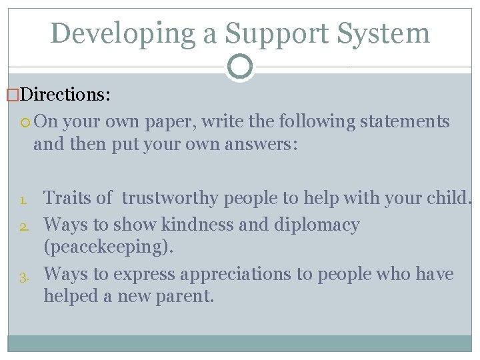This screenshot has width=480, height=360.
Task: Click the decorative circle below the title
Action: pos(240,67)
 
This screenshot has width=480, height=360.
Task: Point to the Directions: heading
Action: pos(65,94)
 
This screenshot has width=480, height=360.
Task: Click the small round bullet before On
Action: pos(26,122)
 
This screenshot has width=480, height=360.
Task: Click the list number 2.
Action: pos(22,226)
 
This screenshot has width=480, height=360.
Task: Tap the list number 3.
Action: pos(22,275)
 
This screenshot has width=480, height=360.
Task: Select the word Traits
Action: pos(68,198)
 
